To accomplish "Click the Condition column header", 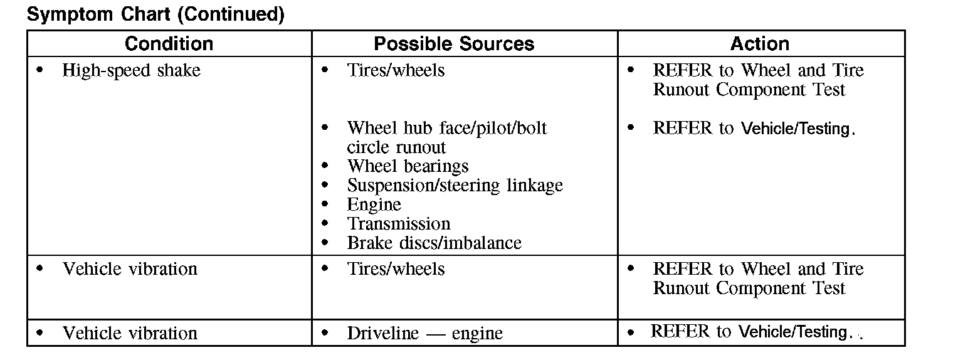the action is pos(169,44).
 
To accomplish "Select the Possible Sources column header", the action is pos(454,44).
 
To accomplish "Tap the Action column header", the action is pos(760,44).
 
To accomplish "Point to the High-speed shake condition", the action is pos(131,70).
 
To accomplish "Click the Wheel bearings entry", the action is pos(408,166).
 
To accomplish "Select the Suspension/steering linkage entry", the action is pos(455,186).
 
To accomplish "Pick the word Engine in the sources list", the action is pos(374,204).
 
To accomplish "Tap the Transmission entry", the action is pos(399,224).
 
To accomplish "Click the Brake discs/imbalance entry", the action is pos(434,243).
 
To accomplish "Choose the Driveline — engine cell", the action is pos(424,333).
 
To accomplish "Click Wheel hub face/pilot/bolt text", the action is pos(446,128).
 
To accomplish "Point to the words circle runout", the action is pos(396,147).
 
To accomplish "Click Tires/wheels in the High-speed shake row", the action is pos(396,70).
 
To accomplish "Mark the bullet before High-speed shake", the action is pos(40,70).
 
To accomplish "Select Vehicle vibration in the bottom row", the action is pos(130,333).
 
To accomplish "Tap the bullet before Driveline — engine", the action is pos(325,333).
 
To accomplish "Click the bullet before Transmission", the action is pos(325,224).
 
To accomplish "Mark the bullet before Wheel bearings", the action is pos(325,166).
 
